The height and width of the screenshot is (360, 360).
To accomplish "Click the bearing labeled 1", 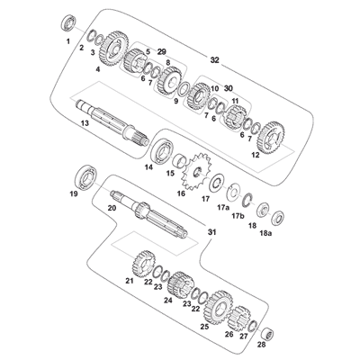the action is pos(68,23).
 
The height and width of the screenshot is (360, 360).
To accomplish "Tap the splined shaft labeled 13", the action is pos(112,122).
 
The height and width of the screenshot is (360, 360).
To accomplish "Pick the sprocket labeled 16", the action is pos(197,172).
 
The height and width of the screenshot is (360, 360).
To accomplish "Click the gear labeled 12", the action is pos(272,138).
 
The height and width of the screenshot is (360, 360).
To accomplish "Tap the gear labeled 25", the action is pos(218,307).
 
